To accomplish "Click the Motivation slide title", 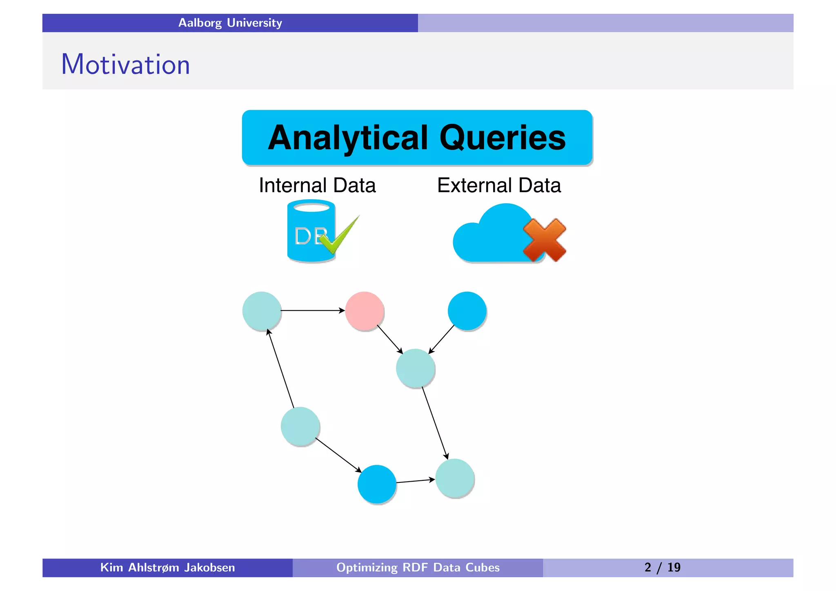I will click(x=125, y=64).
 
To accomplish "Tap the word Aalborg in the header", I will click(x=200, y=23).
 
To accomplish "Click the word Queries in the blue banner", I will click(x=502, y=138).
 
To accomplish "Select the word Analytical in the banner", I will click(x=348, y=138).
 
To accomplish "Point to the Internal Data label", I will click(x=317, y=185).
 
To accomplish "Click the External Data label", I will click(x=499, y=185).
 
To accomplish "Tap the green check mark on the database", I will click(x=339, y=236).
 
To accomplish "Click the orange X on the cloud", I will click(x=545, y=240).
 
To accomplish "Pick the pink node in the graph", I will click(x=365, y=311).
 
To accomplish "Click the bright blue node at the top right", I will click(x=467, y=311).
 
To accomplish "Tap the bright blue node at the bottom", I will click(x=377, y=484).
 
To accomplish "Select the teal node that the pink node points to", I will click(x=415, y=368).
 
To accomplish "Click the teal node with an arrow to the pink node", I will click(x=262, y=311).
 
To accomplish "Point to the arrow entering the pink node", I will click(x=313, y=311).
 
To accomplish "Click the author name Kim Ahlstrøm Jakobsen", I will click(x=167, y=568).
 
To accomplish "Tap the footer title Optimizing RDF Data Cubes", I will click(x=418, y=568).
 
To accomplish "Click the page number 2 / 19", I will click(x=662, y=568).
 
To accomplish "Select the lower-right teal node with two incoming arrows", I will click(x=455, y=478).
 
